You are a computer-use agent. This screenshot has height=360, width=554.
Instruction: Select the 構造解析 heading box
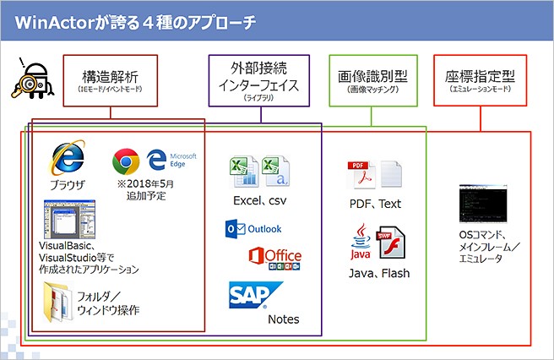[111, 80]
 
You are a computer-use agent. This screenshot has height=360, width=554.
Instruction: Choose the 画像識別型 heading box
[372, 81]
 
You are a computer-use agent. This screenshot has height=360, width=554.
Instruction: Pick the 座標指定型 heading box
[480, 81]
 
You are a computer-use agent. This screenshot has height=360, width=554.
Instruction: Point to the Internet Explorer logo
[68, 159]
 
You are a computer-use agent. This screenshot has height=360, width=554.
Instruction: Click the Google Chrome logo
[126, 161]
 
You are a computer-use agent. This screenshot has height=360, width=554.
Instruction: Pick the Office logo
[274, 257]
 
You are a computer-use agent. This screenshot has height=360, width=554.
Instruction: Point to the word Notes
[283, 319]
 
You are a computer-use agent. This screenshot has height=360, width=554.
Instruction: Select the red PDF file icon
[359, 175]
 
